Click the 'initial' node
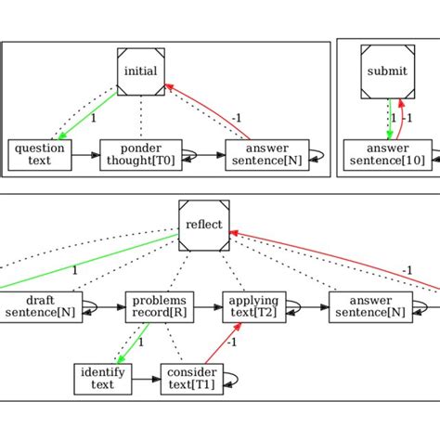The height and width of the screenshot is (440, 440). coord(140,71)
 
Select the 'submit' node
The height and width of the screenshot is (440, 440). coord(386,71)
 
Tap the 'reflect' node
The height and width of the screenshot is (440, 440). coord(204,224)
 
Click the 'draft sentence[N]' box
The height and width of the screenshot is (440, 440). coord(40,306)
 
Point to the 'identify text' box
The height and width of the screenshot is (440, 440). coord(103,379)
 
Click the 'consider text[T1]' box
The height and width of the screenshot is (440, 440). coord(190,379)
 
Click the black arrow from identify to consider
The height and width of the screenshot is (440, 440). coord(146,379)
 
